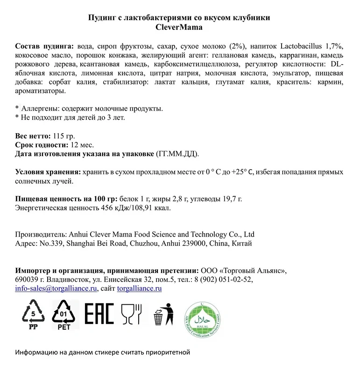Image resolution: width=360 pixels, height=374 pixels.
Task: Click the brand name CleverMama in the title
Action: point(180,27)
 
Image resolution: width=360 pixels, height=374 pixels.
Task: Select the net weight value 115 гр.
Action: point(64,136)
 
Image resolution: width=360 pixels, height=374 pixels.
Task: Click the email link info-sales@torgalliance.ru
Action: point(56,288)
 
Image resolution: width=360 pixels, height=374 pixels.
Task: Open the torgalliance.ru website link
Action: point(139,288)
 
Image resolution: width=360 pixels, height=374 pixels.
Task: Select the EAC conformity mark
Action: point(99,313)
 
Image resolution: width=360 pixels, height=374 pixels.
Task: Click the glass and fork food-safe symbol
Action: point(131,313)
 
